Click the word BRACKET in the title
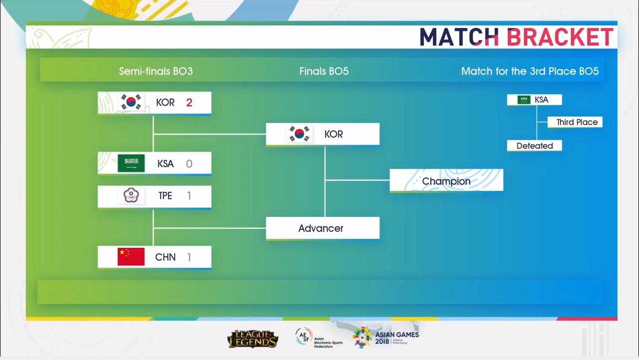pos(560,37)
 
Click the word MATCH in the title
pos(459,37)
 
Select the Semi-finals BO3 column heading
pos(156,71)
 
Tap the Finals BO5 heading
pos(324,71)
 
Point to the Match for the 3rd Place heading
pos(530,71)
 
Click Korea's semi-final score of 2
pos(189,102)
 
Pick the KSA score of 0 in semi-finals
pos(189,164)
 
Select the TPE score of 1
pos(189,195)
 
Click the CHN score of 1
pos(189,257)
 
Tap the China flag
pos(131,257)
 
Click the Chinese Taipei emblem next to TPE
pos(131,195)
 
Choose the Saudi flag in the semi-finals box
pos(131,163)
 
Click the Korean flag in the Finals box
pos(299,134)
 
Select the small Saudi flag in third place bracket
pos(524,100)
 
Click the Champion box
pos(447,180)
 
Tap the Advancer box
pos(322,228)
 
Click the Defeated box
pos(535,146)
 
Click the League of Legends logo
pos(253,339)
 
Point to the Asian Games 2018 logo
pos(386,338)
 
